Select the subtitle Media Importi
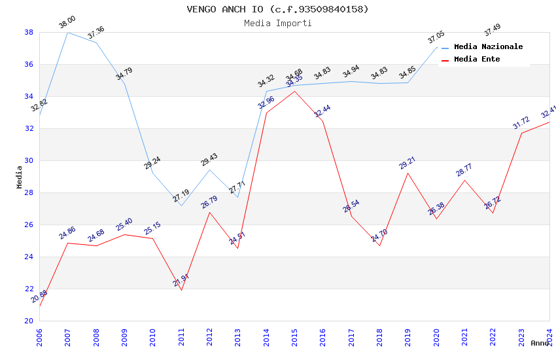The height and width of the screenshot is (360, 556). pyautogui.click(x=277, y=23)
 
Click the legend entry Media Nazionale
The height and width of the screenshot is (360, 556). pyautogui.click(x=488, y=46)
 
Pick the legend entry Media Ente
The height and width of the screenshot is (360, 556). pyautogui.click(x=476, y=59)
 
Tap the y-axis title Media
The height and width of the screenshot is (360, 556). pyautogui.click(x=20, y=177)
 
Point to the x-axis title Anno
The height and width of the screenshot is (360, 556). pyautogui.click(x=540, y=343)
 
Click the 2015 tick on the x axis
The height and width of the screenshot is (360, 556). pyautogui.click(x=294, y=335)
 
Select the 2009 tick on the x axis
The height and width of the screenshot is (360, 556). pyautogui.click(x=124, y=335)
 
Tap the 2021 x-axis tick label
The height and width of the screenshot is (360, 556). pyautogui.click(x=464, y=335)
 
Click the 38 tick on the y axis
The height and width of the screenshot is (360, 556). pyautogui.click(x=29, y=32)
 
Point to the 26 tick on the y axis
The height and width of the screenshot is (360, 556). pyautogui.click(x=29, y=225)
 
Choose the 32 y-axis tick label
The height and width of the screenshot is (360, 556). pyautogui.click(x=29, y=128)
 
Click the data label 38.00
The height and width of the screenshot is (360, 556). pyautogui.click(x=67, y=22)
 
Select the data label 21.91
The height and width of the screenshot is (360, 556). pyautogui.click(x=181, y=280)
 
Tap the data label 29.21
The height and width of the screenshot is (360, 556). pyautogui.click(x=408, y=163)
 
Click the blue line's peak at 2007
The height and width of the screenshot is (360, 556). pyautogui.click(x=68, y=32)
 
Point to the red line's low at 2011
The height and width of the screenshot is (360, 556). pyautogui.click(x=181, y=290)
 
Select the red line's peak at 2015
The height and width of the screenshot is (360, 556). pyautogui.click(x=294, y=91)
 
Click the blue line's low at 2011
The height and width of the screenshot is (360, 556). pyautogui.click(x=181, y=206)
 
